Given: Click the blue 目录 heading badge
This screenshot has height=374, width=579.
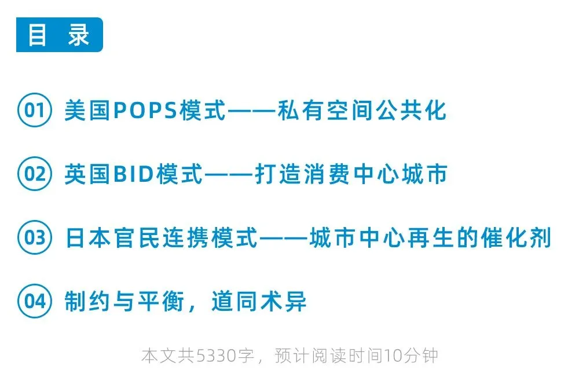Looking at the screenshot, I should (59, 35).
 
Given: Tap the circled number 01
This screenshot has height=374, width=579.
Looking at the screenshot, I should (35, 110).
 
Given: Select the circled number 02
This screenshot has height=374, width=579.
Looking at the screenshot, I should (35, 174).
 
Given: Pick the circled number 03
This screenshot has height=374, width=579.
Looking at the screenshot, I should (35, 238).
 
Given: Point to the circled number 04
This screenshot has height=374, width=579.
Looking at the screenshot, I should (35, 302).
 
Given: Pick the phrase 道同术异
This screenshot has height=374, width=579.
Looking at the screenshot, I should (259, 302).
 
